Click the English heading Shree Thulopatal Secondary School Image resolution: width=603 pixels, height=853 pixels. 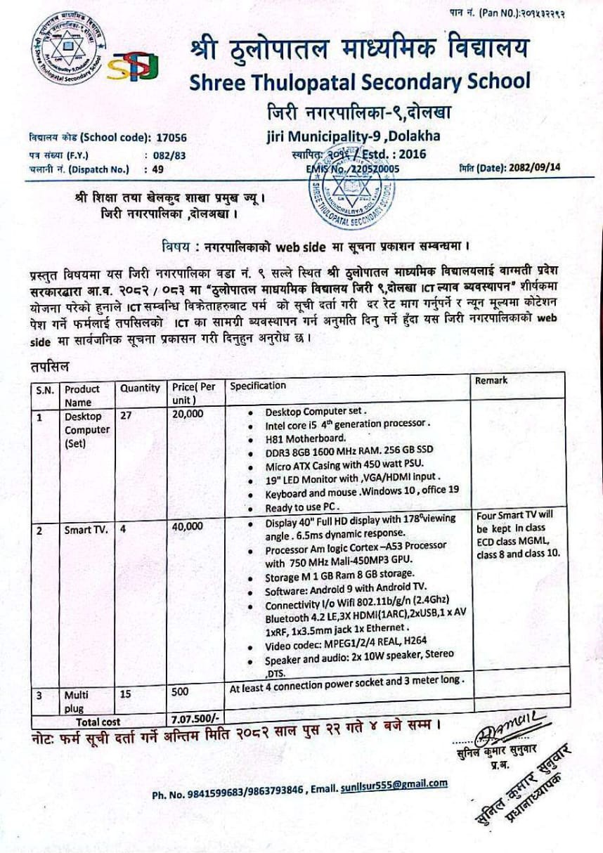pyautogui.click(x=360, y=82)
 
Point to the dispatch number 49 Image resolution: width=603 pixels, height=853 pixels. pyautogui.click(x=157, y=169)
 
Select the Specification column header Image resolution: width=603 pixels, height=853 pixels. pyautogui.click(x=258, y=386)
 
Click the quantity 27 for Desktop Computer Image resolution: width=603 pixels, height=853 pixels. pyautogui.click(x=127, y=415)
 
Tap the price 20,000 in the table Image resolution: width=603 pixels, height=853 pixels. pyautogui.click(x=188, y=415)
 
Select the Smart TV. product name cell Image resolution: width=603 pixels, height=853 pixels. pyautogui.click(x=86, y=530)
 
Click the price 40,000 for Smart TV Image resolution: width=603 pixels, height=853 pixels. pyautogui.click(x=188, y=526)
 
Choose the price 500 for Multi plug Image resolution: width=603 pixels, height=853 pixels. pyautogui.click(x=181, y=692)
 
